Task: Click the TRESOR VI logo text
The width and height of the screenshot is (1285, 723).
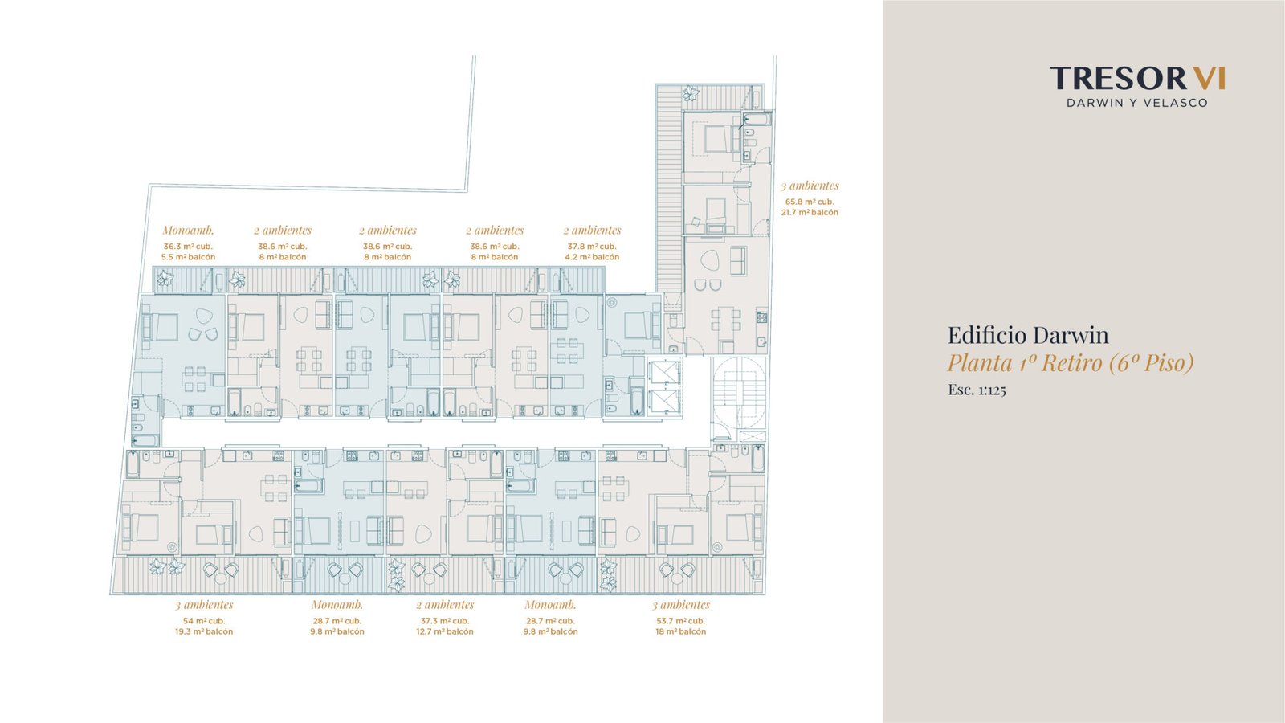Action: click(x=1137, y=78)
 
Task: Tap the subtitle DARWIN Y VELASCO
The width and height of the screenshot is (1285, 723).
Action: click(x=1137, y=103)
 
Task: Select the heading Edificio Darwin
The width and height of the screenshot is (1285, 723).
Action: click(x=1028, y=335)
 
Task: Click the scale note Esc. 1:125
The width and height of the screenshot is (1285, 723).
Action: click(x=977, y=390)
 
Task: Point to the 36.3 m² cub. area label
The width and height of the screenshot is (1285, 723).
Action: click(x=188, y=247)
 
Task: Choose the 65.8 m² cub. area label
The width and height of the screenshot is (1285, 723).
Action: click(x=810, y=202)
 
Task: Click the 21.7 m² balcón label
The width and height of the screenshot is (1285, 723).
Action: click(x=810, y=212)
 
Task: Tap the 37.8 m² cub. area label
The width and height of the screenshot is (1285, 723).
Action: click(x=592, y=247)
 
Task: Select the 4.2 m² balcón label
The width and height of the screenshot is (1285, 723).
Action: click(x=592, y=257)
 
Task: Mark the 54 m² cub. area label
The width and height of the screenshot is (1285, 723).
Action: click(x=204, y=621)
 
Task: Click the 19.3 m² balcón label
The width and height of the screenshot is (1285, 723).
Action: click(x=204, y=631)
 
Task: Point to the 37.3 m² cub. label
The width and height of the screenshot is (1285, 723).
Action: click(x=445, y=621)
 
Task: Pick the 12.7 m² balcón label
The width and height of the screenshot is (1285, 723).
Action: click(x=445, y=631)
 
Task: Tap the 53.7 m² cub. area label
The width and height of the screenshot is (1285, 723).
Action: click(x=681, y=621)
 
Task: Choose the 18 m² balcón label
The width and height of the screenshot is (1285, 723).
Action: click(x=681, y=631)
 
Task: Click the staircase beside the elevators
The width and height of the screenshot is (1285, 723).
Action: click(x=740, y=393)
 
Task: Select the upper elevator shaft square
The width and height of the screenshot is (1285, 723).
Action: click(x=665, y=373)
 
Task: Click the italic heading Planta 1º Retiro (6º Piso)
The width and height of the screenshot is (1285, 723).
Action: click(x=1071, y=362)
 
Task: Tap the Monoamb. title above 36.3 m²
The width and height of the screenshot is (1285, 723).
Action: click(x=188, y=231)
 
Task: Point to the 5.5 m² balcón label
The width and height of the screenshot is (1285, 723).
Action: click(x=188, y=257)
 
